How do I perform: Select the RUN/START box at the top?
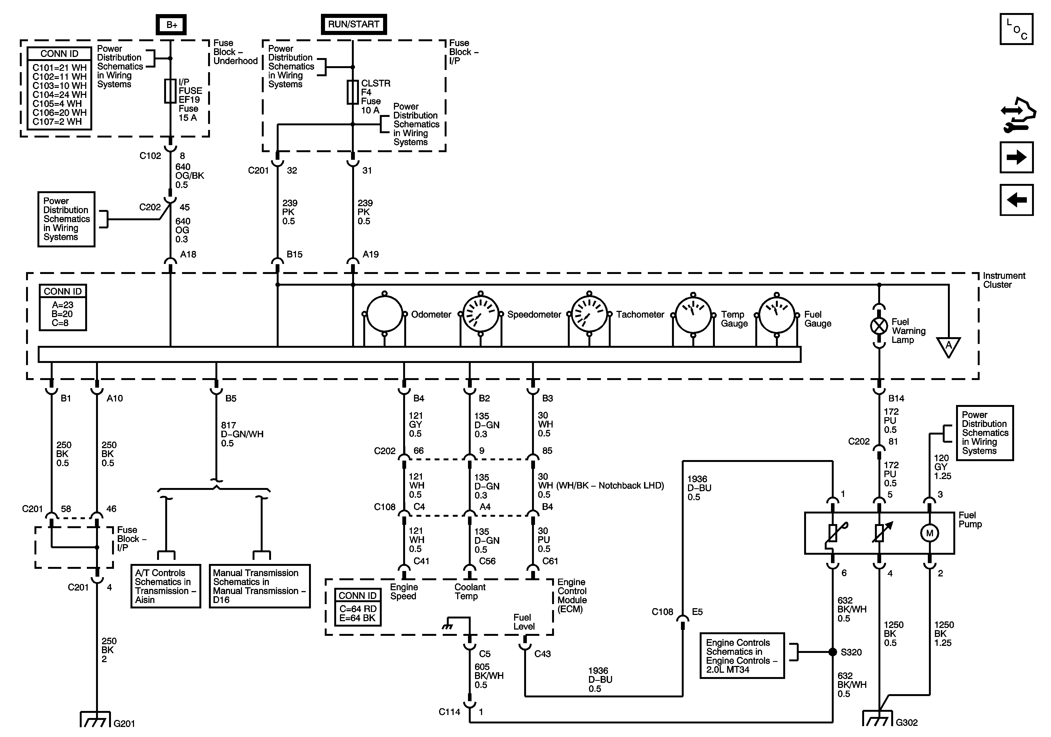pyautogui.click(x=353, y=24)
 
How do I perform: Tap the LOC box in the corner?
pyautogui.click(x=1016, y=29)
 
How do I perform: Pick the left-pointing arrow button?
pyautogui.click(x=1016, y=200)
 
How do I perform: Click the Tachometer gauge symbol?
pyautogui.click(x=589, y=314)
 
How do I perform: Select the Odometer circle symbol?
pyautogui.click(x=384, y=314)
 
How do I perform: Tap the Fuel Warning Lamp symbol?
pyautogui.click(x=878, y=326)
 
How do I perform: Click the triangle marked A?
pyautogui.click(x=948, y=346)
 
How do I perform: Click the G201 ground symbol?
pyautogui.click(x=96, y=720)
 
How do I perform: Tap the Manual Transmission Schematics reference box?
pyautogui.click(x=260, y=586)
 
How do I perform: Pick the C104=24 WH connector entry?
pyautogui.click(x=59, y=95)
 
